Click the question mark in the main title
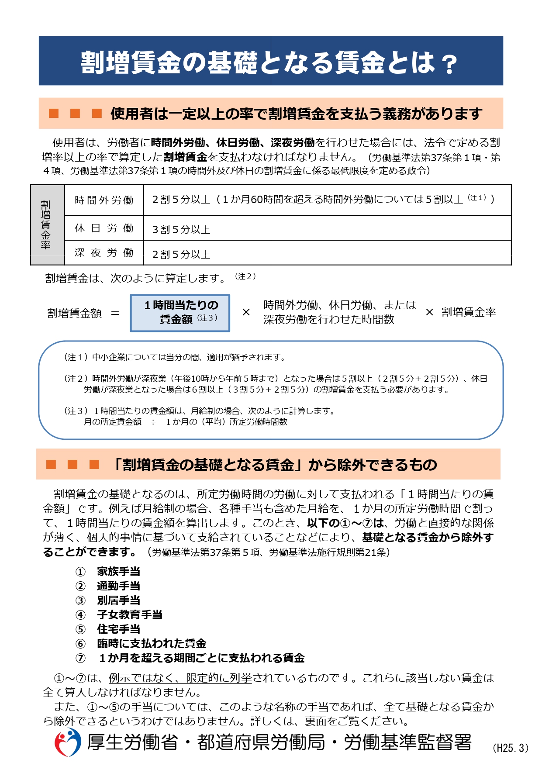[x=448, y=64]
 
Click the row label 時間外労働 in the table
[x=104, y=200]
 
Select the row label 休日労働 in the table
[x=104, y=228]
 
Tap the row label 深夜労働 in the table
[x=104, y=253]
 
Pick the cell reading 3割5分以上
[x=181, y=229]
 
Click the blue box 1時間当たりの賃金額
[x=180, y=313]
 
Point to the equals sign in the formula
[x=115, y=313]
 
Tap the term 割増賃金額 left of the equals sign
[x=74, y=313]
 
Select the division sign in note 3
[x=153, y=422]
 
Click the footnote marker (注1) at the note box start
[x=76, y=357]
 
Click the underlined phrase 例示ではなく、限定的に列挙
[x=180, y=678]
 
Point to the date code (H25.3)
[x=510, y=748]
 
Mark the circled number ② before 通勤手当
[x=81, y=586]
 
